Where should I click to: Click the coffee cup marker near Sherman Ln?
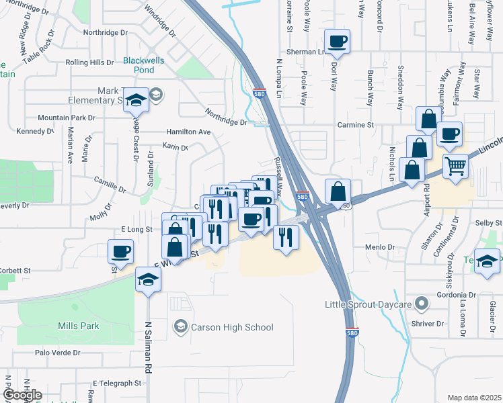337,42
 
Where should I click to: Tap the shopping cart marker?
456,165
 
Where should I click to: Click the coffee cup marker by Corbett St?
121,252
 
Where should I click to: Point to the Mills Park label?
78,326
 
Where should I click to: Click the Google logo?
22,395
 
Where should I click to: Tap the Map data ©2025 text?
473,398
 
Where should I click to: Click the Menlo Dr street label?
380,247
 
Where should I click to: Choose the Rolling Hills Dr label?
89,62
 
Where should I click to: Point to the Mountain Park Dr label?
67,118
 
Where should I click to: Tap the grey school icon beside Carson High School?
180,327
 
